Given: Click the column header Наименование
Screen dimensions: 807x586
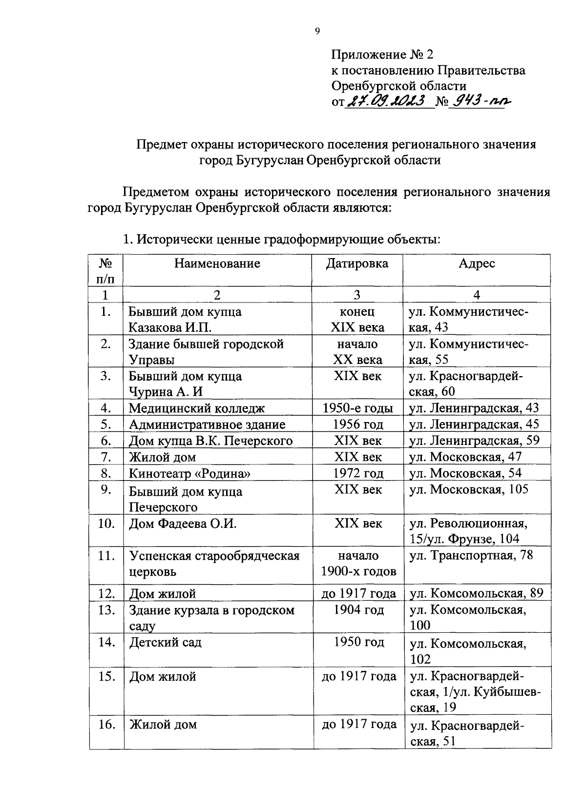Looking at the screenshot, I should click(217, 264).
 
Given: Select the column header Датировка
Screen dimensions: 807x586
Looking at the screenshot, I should click(357, 264).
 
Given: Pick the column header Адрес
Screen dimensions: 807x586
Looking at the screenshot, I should click(477, 264).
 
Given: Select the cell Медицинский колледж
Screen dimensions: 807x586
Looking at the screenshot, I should click(197, 408).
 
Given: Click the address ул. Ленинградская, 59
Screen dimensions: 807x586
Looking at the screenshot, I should click(474, 441).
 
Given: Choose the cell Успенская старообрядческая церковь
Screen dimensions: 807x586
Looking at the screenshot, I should click(214, 564).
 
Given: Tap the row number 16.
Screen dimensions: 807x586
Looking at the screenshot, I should click(106, 725).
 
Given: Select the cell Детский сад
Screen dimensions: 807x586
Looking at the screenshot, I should click(165, 643).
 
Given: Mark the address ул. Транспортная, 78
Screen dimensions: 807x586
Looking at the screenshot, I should click(471, 556).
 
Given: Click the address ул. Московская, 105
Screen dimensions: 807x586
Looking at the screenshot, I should click(469, 489).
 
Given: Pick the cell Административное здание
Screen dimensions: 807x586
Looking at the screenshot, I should click(207, 424).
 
